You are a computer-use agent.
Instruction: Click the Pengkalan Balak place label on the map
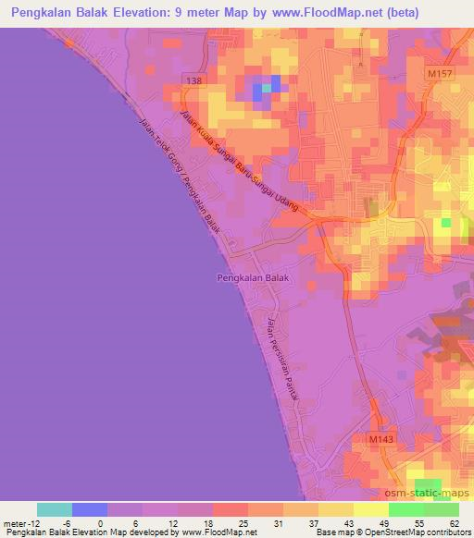pyautogui.click(x=253, y=276)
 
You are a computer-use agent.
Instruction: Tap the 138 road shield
pyautogui.click(x=192, y=81)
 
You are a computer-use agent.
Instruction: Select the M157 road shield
pyautogui.click(x=439, y=73)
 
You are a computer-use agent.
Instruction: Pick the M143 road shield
pyautogui.click(x=380, y=440)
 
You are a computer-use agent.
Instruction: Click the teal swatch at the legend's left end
pyautogui.click(x=55, y=509)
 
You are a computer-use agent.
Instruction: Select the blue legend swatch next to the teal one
pyautogui.click(x=90, y=509)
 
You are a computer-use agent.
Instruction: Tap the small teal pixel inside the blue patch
pyautogui.click(x=266, y=88)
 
